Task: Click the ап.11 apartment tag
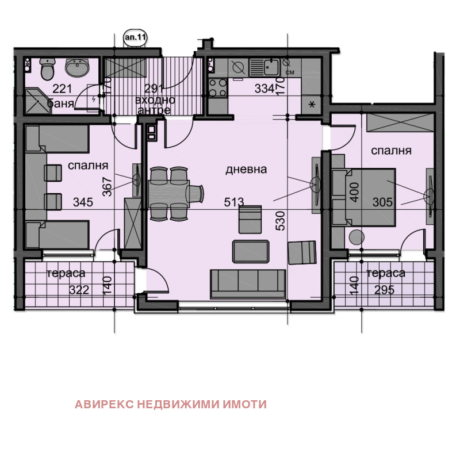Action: [x=135, y=37]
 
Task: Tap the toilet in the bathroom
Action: [x=48, y=68]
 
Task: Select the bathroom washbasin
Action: [x=76, y=67]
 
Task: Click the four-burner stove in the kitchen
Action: [x=218, y=87]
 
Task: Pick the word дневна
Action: [x=246, y=170]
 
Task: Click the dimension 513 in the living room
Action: [x=234, y=202]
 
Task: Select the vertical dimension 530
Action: [x=281, y=221]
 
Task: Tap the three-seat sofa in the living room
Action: [x=248, y=284]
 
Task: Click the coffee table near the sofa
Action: [x=251, y=251]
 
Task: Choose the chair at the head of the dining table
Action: [x=195, y=194]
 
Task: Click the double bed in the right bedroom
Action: [x=364, y=197]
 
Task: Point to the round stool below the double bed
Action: [x=356, y=237]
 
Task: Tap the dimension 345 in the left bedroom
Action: [x=83, y=202]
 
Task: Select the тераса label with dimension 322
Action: [x=66, y=274]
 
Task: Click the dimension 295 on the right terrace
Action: [x=384, y=290]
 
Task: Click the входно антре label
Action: [x=155, y=105]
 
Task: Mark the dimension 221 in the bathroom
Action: [x=62, y=89]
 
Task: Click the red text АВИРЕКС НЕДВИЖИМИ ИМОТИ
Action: [x=171, y=404]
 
